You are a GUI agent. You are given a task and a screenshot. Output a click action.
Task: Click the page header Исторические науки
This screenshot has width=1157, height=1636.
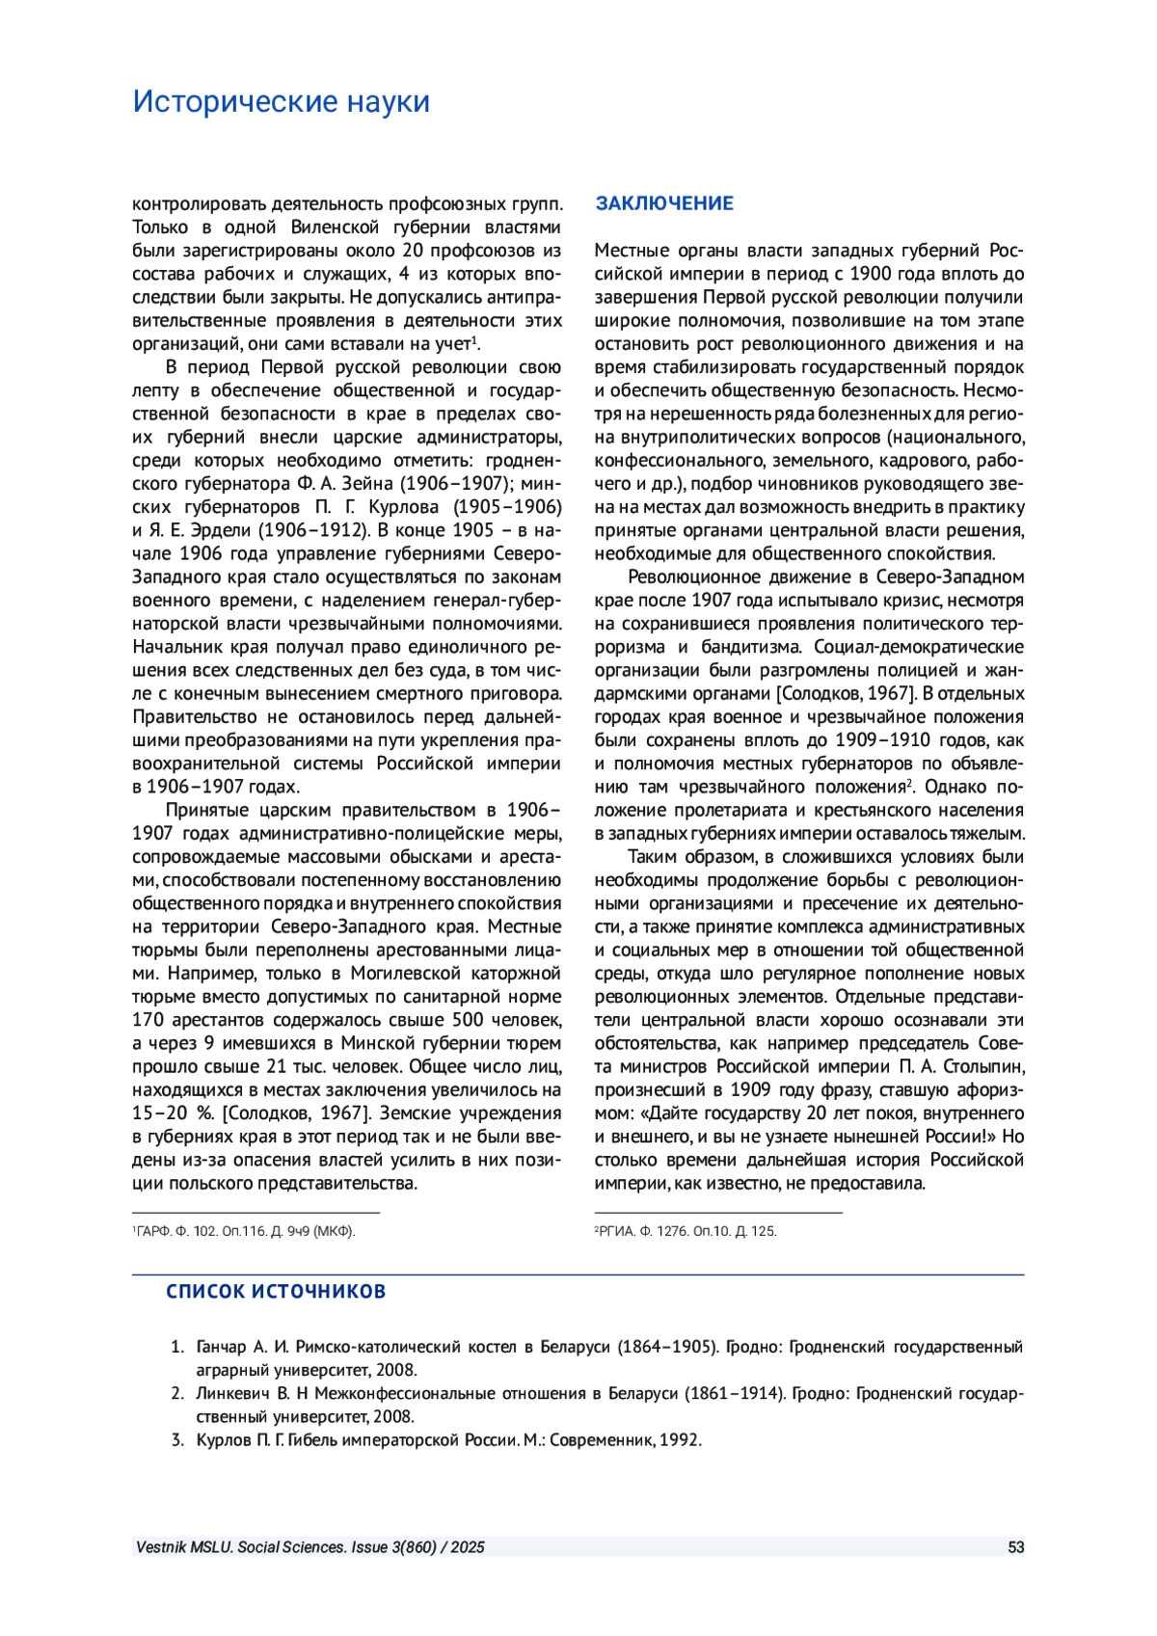tap(281, 101)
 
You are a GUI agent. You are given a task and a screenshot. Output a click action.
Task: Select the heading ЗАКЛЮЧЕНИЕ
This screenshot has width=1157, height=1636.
tap(664, 203)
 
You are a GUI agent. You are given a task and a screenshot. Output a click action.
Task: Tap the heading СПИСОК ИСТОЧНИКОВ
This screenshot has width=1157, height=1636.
tap(276, 1292)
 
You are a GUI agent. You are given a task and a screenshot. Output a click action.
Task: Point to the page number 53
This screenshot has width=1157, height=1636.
tap(1015, 1547)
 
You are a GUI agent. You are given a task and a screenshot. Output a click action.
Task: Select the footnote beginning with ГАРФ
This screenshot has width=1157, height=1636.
tap(244, 1231)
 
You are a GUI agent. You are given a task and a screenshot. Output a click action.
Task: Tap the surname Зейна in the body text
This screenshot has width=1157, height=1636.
tap(366, 483)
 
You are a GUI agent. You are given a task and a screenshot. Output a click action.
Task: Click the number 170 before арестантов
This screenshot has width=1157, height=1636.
tap(148, 1020)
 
